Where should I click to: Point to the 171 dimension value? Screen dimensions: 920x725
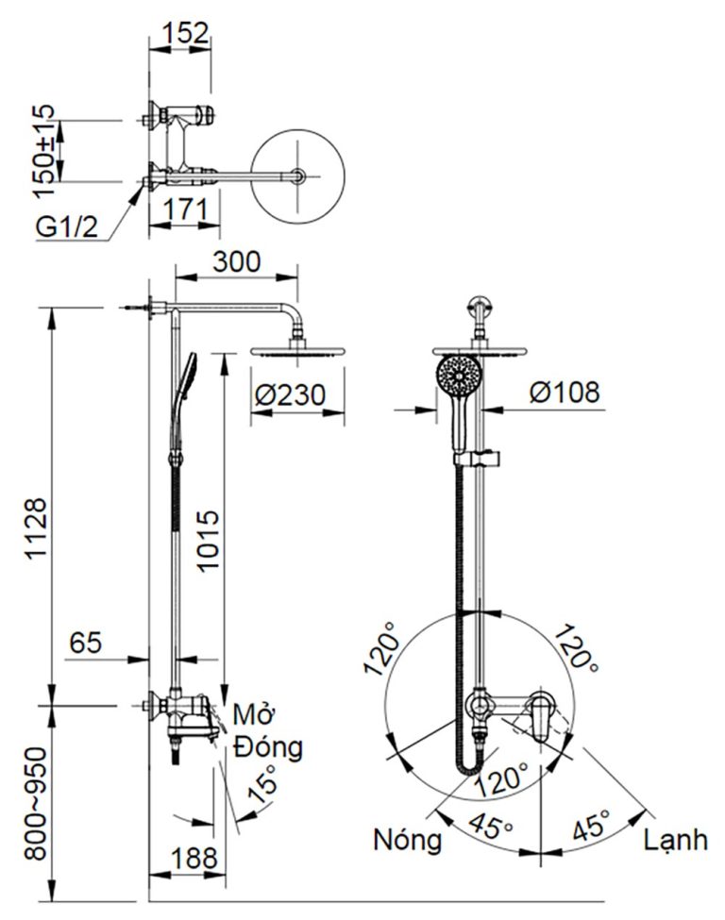point(184,209)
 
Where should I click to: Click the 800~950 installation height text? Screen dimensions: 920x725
point(34,802)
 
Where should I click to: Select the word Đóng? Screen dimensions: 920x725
point(270,748)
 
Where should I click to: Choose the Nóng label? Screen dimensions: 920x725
point(408,839)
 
